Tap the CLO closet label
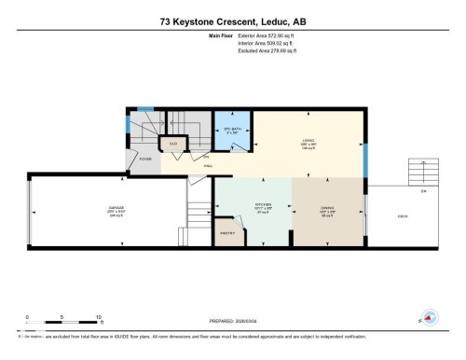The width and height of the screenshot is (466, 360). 172,143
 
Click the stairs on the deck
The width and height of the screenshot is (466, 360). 423,172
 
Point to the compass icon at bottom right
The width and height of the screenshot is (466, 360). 430,317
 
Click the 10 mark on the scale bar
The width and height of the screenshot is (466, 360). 98,317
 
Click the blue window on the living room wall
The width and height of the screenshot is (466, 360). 364,166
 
